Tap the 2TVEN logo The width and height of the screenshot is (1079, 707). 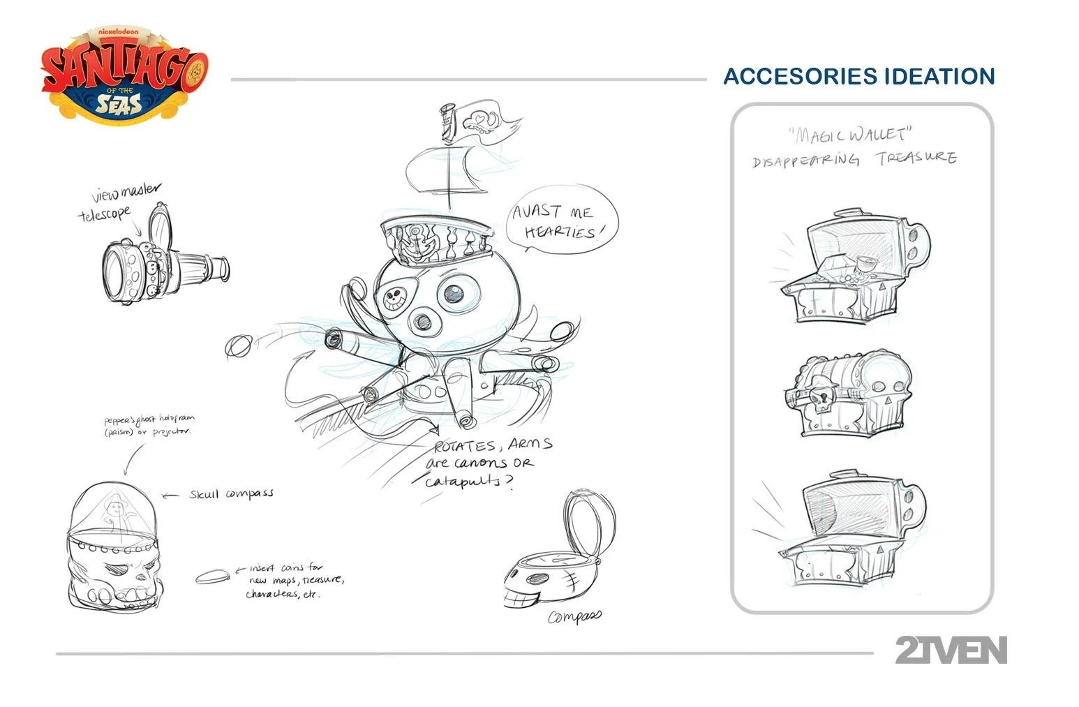(951, 650)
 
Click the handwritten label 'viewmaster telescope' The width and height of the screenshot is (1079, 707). (119, 202)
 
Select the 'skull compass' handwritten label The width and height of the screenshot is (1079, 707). (231, 494)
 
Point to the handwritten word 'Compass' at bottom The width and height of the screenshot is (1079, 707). (574, 617)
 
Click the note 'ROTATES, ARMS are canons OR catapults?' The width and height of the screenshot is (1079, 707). (489, 463)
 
